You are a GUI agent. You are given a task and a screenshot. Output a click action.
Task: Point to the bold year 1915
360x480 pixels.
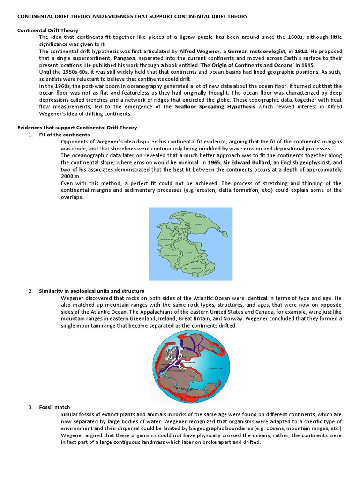(x=308, y=65)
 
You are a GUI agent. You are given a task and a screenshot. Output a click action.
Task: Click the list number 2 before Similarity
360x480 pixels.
(x=30, y=291)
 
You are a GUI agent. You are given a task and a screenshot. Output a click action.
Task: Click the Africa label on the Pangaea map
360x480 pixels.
(x=189, y=252)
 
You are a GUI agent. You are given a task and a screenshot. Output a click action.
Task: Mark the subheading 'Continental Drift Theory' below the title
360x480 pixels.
(x=48, y=30)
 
